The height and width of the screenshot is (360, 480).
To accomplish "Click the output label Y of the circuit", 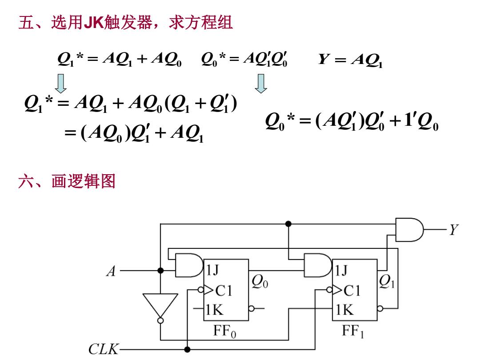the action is tap(454, 229).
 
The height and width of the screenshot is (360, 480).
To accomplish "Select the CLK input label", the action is tap(104, 349).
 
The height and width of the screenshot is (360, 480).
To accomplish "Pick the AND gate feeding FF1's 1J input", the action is tap(318, 265).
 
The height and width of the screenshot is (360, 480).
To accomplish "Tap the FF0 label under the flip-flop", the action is tap(225, 332).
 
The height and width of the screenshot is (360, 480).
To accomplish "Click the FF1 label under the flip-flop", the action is tap(353, 332).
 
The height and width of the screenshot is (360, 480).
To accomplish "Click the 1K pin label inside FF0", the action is tap(215, 310).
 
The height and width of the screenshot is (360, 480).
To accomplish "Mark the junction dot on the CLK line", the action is tap(188, 349).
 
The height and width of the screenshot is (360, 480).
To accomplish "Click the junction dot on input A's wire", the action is tap(160, 271).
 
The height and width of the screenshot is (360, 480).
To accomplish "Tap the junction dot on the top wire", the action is tap(288, 224).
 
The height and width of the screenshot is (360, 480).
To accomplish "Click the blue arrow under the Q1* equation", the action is tap(61, 84).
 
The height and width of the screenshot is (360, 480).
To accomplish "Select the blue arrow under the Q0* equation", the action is tap(261, 84).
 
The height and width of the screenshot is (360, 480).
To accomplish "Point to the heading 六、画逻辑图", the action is tap(67, 181).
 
